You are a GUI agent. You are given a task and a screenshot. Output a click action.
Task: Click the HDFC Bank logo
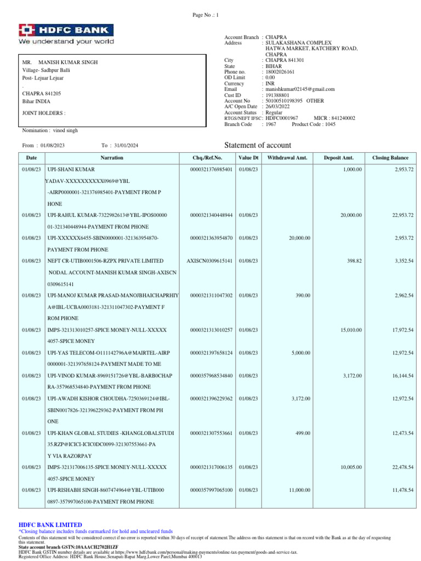[x=66, y=34]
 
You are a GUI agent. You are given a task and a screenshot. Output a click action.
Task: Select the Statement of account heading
[x=258, y=145]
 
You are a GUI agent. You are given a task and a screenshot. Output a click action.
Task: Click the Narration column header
[x=112, y=158]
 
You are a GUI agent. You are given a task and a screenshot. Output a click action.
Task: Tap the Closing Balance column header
[x=390, y=158]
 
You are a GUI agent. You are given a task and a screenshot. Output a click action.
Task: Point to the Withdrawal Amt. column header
[x=287, y=158]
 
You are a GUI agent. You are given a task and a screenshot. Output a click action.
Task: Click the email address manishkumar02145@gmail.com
[x=300, y=89]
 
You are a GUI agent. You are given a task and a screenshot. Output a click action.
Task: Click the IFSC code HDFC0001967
[x=282, y=118]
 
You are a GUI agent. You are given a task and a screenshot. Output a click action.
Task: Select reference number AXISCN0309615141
[x=209, y=261]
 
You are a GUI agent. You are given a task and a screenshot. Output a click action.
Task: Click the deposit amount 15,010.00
[x=351, y=330]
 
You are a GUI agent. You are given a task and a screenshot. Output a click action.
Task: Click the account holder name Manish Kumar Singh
[x=68, y=62]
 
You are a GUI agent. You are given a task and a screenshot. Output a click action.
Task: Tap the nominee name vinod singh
[x=65, y=131]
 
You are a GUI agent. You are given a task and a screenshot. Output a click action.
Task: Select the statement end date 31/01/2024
[x=127, y=145]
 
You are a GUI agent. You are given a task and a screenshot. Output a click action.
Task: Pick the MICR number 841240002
[x=342, y=118]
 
